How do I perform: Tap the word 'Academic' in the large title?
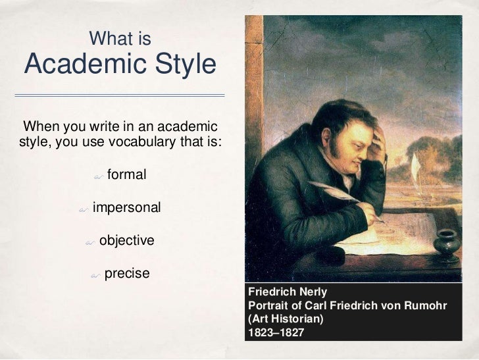tap(82, 66)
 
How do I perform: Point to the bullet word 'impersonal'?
tap(126, 208)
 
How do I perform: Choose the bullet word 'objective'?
tap(126, 240)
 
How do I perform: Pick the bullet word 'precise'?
tap(127, 272)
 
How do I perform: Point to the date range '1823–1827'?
tap(276, 332)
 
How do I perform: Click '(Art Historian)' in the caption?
tap(286, 319)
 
